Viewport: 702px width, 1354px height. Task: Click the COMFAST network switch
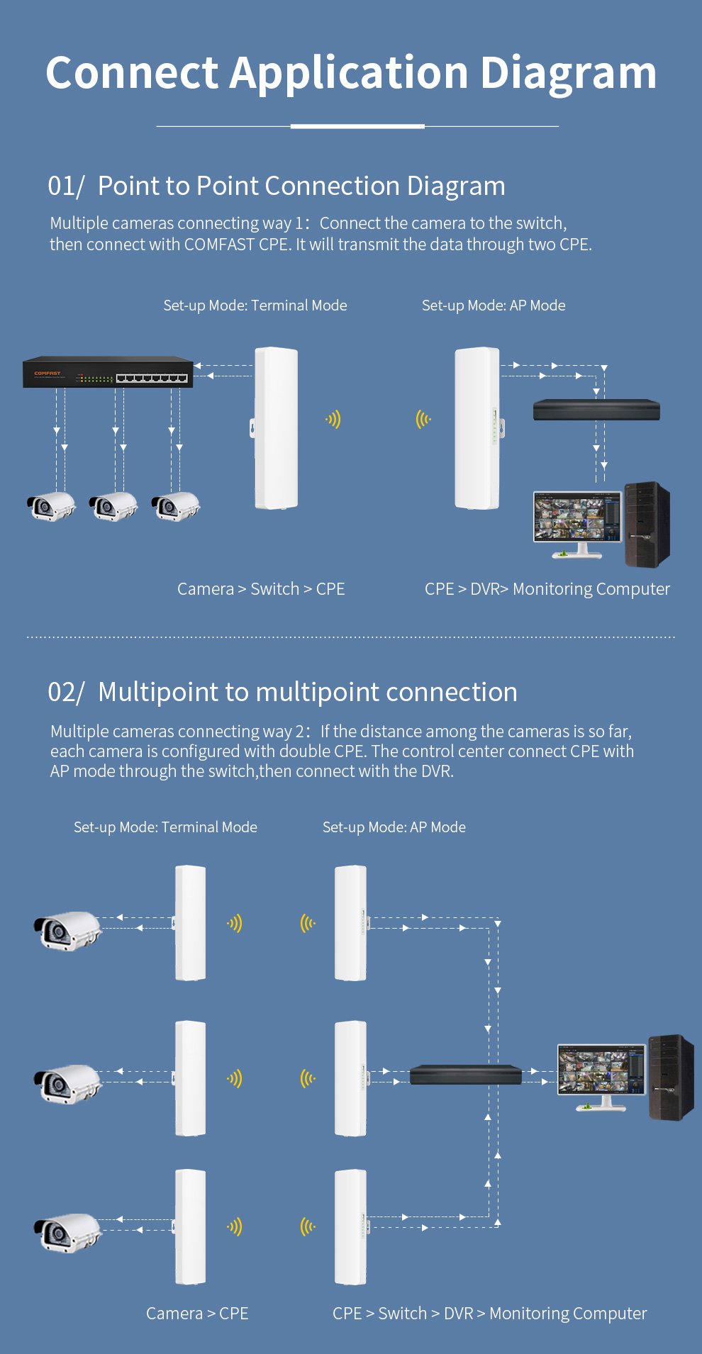point(108,372)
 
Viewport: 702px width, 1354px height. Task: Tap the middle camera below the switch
point(113,506)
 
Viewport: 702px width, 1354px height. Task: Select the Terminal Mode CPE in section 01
point(276,428)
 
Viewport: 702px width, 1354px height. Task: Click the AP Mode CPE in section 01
point(477,428)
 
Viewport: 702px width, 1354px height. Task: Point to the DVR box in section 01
point(596,410)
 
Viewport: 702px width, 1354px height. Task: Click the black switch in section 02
point(465,1075)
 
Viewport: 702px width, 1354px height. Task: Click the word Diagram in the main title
point(569,73)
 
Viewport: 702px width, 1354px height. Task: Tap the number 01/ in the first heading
point(66,186)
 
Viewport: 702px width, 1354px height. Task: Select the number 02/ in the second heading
point(66,692)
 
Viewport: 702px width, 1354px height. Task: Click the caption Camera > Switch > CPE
point(261,589)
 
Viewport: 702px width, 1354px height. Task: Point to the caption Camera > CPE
point(197,1314)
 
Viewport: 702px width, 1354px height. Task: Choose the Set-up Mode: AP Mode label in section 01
point(494,306)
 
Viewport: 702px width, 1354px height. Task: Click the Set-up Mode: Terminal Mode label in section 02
point(165,827)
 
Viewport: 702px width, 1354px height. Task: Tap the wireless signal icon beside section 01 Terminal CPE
point(333,420)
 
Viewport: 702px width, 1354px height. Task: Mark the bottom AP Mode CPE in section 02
point(350,1227)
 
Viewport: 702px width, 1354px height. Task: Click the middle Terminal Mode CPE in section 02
point(191,1078)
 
